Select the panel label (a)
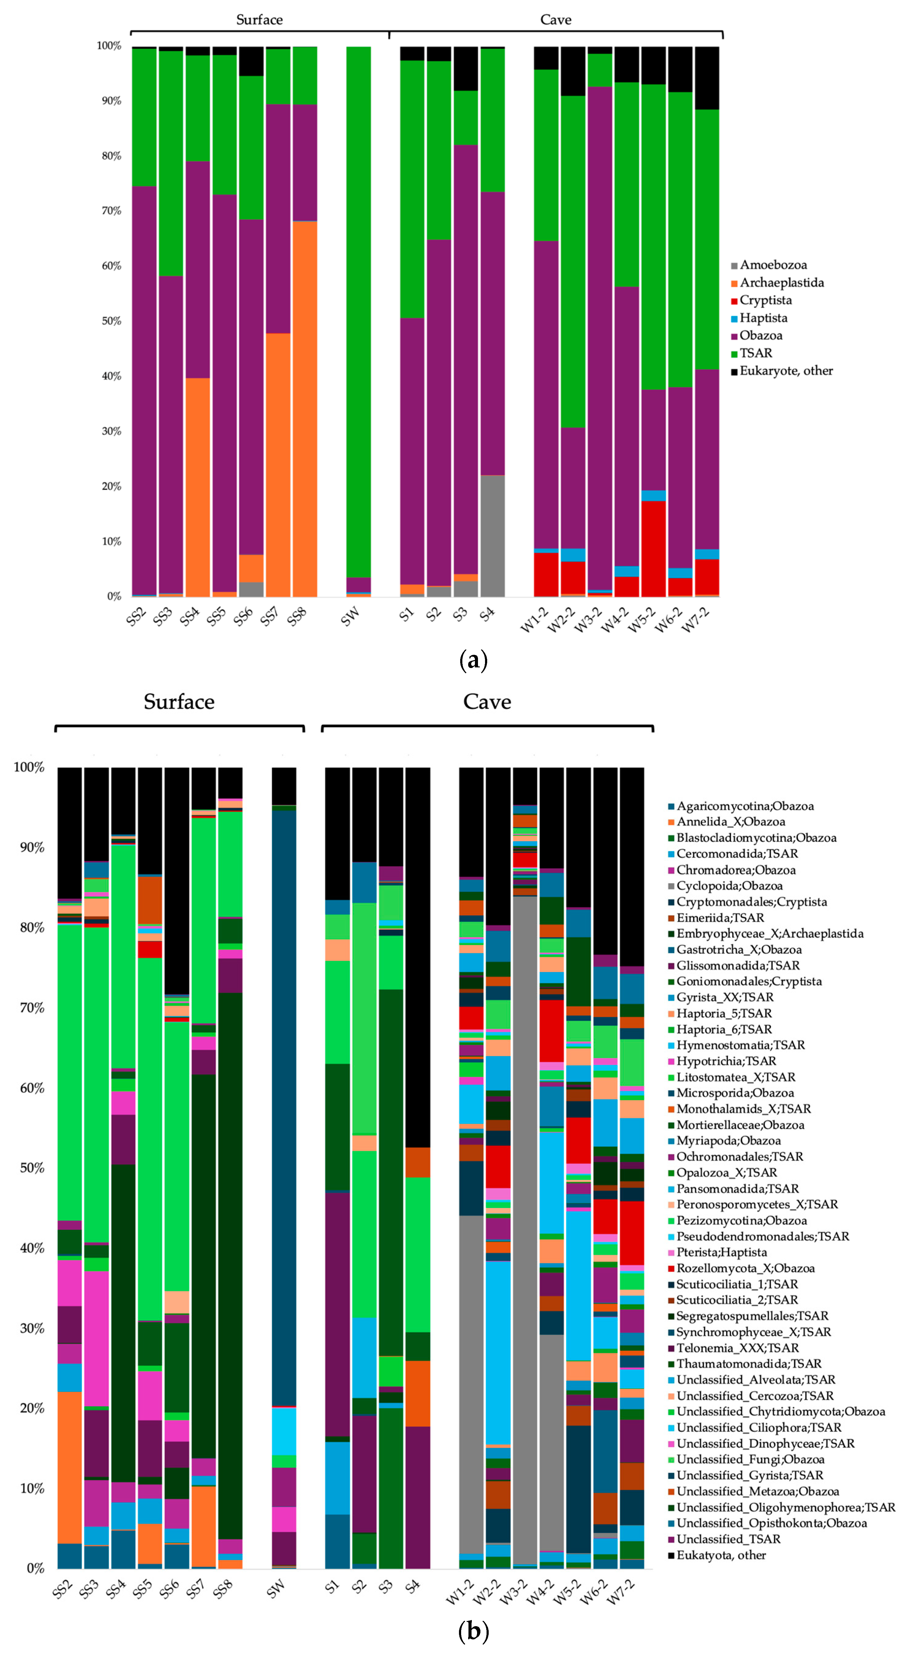click(474, 660)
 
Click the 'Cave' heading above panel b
click(487, 702)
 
